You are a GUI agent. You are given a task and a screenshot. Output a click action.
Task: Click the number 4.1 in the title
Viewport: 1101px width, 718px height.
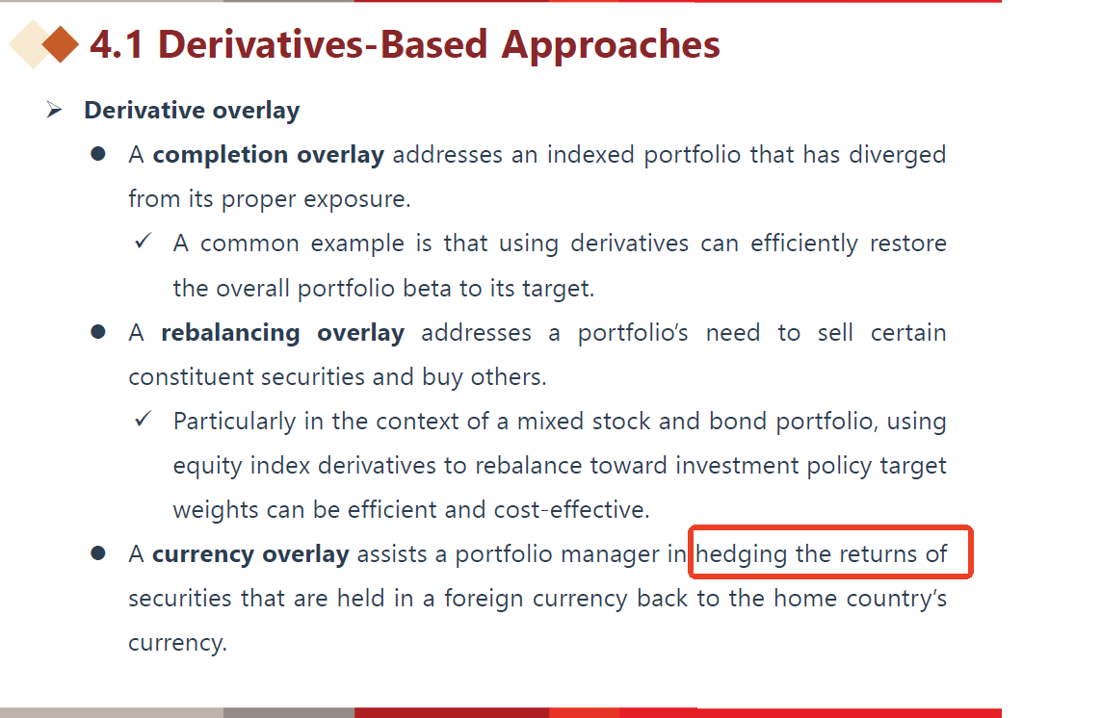coord(117,44)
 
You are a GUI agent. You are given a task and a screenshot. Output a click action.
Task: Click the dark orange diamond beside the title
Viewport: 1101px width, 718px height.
coord(61,44)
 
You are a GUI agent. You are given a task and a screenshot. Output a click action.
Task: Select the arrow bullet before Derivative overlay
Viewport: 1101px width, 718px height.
coord(54,110)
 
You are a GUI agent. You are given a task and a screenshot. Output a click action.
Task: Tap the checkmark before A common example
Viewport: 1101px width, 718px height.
coord(143,242)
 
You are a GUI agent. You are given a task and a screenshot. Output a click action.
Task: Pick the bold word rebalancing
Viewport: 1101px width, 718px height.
coord(230,333)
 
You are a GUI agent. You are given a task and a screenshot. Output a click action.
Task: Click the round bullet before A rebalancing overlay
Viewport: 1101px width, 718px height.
coord(98,331)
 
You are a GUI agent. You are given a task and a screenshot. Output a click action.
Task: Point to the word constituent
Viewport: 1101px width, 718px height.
coord(191,377)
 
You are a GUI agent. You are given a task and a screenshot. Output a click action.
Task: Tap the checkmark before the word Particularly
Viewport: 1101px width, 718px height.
coord(143,419)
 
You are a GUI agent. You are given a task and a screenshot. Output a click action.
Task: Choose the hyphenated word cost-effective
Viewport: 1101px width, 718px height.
coord(571,509)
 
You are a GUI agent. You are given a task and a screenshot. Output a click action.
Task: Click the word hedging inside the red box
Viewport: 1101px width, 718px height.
coord(742,555)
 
